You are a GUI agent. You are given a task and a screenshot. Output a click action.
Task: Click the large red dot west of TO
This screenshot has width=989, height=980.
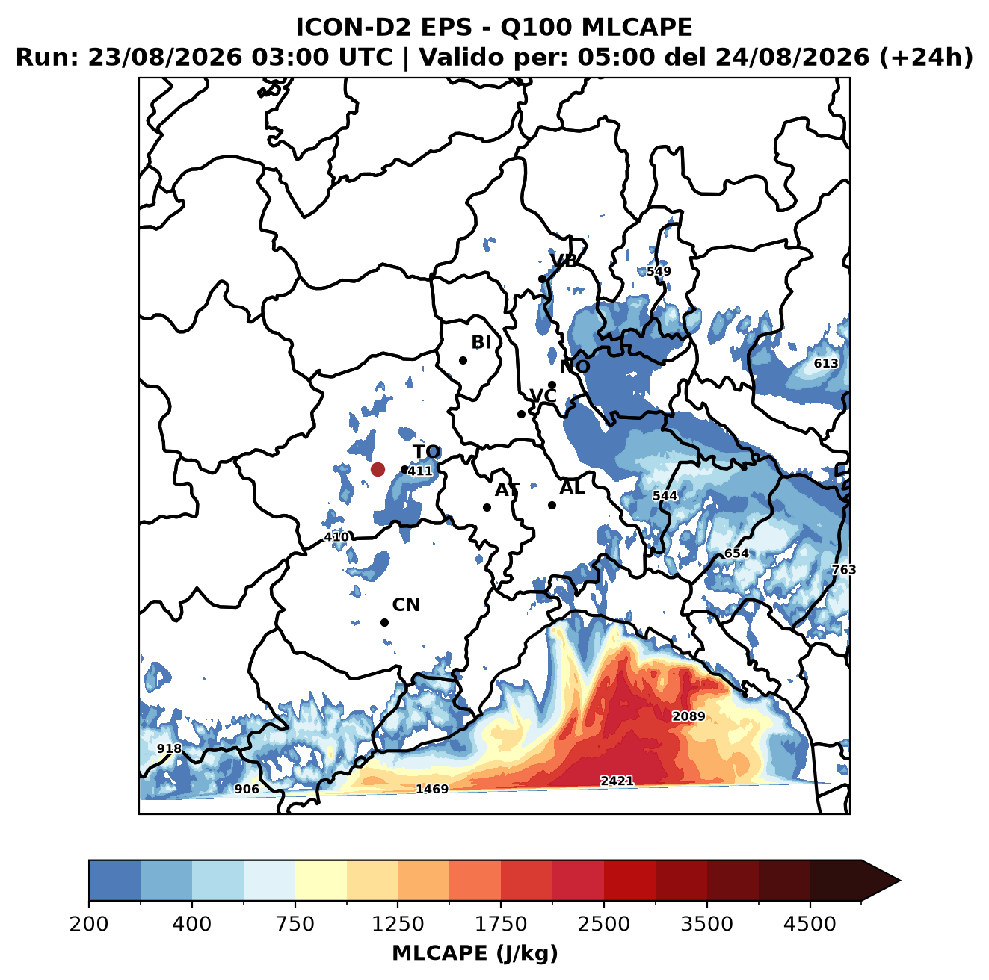[x=378, y=469]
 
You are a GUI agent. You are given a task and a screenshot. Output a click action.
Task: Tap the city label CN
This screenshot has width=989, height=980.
[x=406, y=605]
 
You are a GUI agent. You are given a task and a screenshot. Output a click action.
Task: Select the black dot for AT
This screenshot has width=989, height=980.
[x=487, y=508]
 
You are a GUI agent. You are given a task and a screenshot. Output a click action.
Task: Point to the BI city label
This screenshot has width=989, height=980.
[x=481, y=342]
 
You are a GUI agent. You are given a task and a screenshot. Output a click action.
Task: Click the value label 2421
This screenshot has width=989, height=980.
[x=617, y=781]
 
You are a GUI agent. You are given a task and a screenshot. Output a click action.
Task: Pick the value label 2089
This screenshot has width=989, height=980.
[x=688, y=716]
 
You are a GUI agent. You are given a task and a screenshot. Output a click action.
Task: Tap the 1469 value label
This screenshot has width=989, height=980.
[x=432, y=789]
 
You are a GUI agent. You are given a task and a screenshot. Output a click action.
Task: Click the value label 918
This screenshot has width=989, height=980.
[x=170, y=748]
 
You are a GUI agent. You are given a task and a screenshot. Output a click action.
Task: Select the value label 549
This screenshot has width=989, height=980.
[x=659, y=271]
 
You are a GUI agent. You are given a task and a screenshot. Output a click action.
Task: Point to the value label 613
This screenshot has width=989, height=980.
[x=826, y=364]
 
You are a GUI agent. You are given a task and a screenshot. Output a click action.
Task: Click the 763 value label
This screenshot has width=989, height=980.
[x=844, y=570]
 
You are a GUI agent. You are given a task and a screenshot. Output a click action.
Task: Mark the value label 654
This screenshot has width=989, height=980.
[x=736, y=553]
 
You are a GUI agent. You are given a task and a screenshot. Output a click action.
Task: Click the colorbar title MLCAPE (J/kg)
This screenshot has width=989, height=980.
[x=475, y=953]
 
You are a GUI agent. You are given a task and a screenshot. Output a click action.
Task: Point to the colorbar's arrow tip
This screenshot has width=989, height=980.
[x=900, y=881]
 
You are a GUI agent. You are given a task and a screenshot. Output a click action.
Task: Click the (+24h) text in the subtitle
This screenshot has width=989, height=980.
[x=926, y=58]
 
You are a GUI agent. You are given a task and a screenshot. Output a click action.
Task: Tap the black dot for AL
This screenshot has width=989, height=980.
[x=552, y=505]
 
